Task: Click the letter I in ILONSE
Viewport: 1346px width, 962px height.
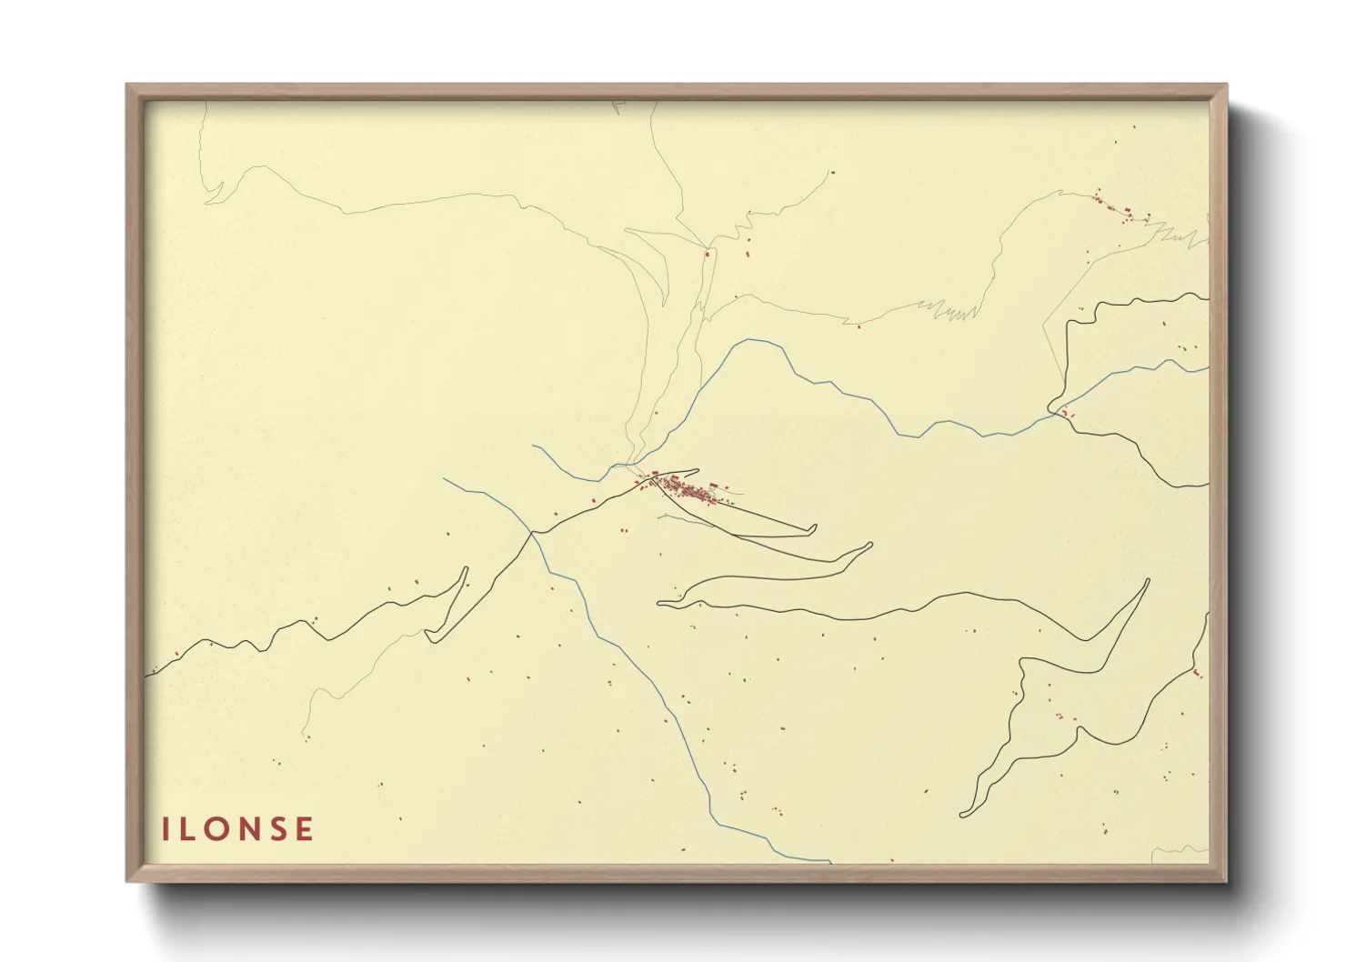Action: [166, 829]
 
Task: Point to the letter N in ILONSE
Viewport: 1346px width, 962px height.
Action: [247, 829]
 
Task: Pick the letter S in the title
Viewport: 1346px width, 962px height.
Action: [276, 829]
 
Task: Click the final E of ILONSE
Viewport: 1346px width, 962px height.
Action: [303, 829]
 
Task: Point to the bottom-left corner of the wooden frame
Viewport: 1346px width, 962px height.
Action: [128, 880]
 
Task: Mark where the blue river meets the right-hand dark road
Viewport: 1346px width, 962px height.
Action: [1058, 413]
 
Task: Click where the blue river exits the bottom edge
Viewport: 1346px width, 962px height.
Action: [829, 861]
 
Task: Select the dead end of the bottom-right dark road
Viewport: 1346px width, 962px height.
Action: [962, 815]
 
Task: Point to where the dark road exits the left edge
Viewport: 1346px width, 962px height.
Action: [148, 675]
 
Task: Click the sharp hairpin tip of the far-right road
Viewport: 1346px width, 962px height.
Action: [1147, 580]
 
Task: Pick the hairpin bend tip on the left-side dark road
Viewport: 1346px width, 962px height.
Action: [466, 569]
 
